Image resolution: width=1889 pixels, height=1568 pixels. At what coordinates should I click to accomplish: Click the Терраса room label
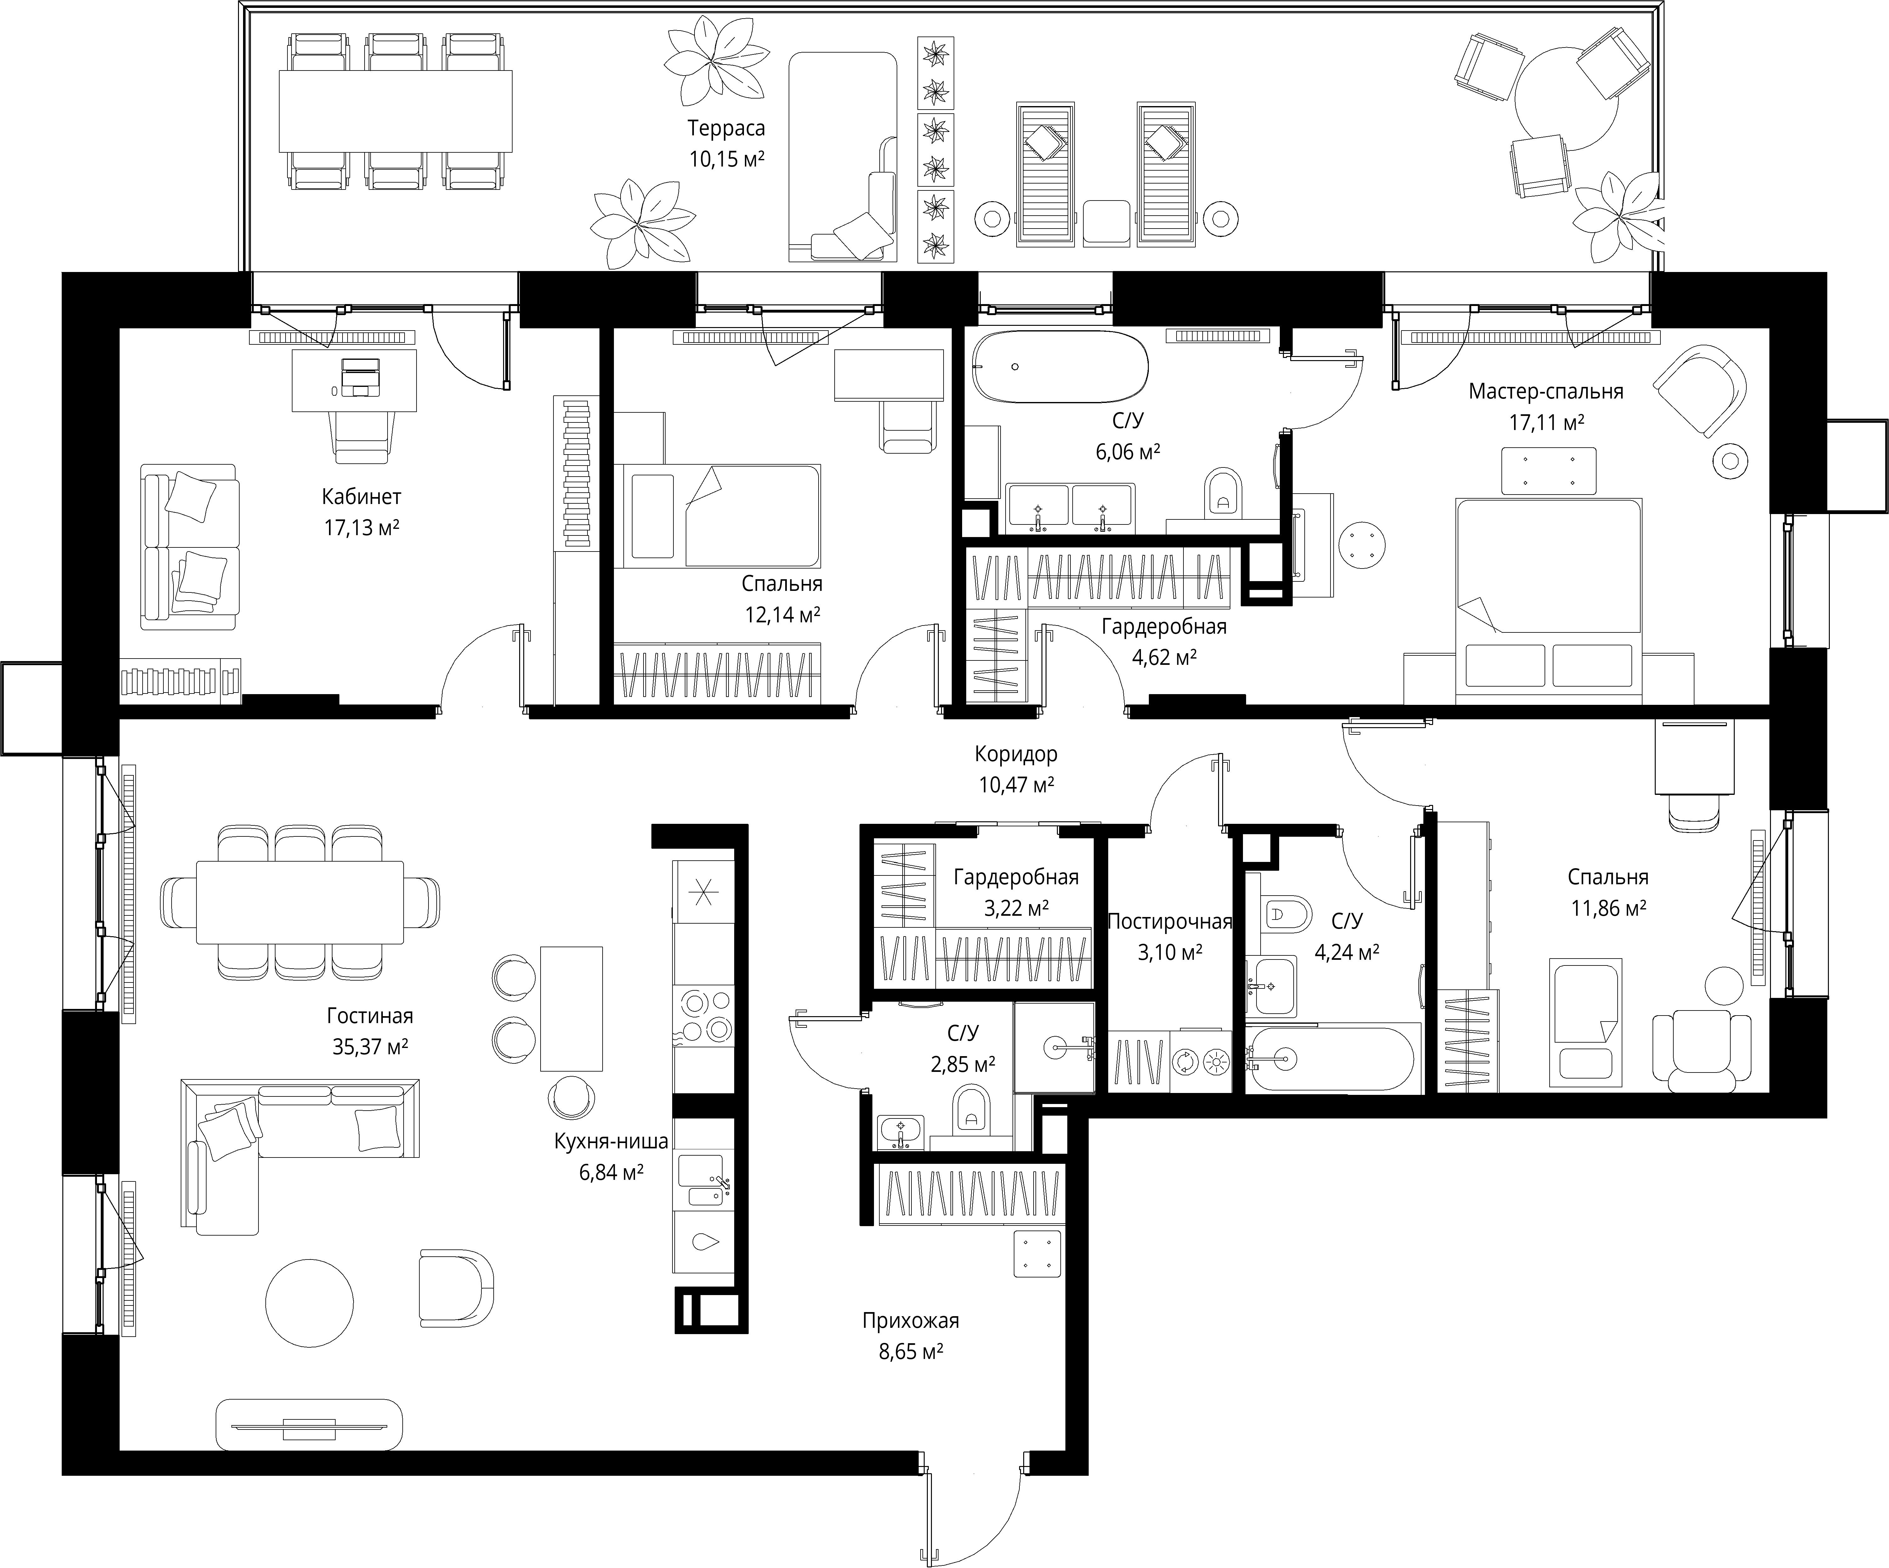coord(726,129)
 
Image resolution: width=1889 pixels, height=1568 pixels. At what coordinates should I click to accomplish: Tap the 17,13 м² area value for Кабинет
coord(362,527)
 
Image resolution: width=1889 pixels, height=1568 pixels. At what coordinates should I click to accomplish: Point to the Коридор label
coord(1016,754)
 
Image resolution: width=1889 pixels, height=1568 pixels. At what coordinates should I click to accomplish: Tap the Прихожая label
coord(910,1321)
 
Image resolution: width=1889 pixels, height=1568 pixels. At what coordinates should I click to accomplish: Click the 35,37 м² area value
coord(370,1046)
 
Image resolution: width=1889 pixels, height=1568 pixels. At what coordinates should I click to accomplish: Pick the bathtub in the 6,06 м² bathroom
coord(1060,367)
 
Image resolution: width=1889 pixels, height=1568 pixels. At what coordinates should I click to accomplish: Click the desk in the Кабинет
coord(355,381)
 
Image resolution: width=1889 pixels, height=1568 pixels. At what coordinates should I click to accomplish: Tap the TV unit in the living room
coord(309,1424)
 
